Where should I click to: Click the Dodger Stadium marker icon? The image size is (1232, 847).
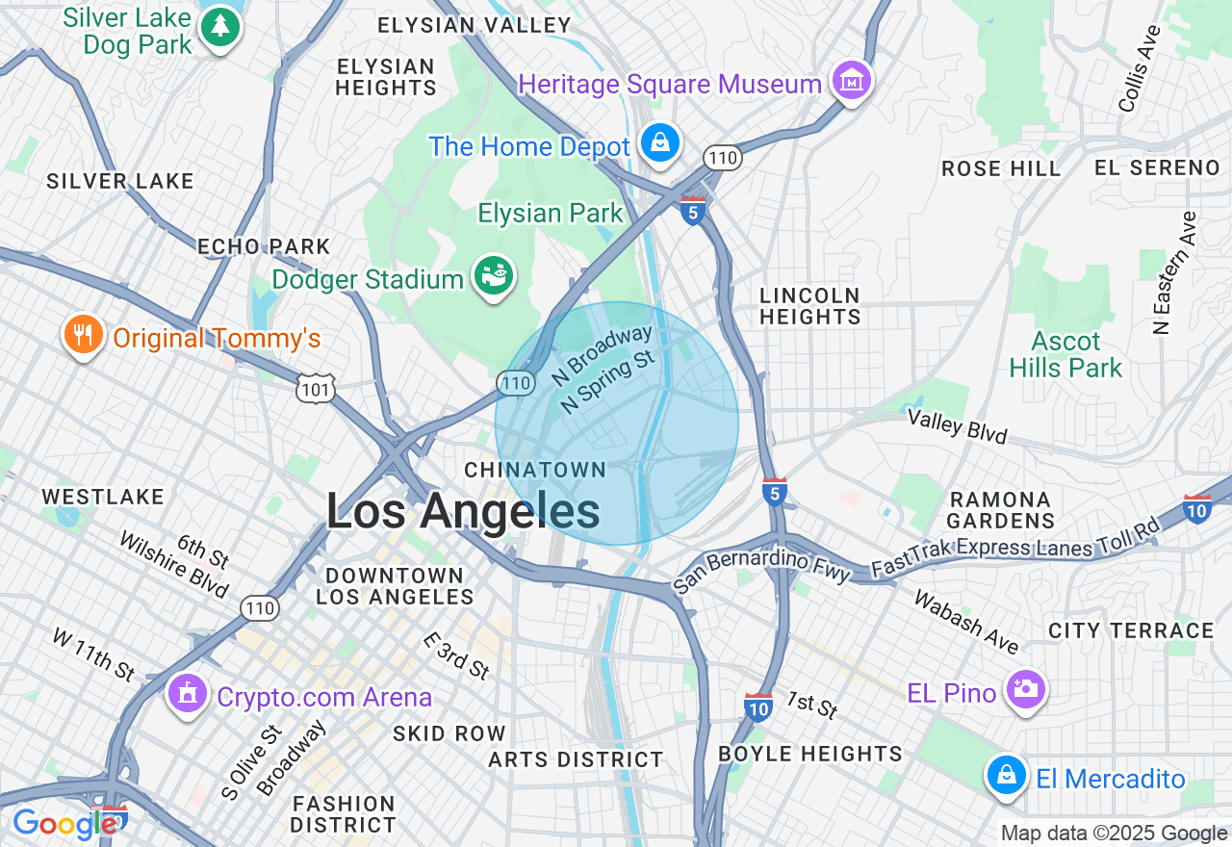click(494, 277)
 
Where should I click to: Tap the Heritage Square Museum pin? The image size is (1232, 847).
click(851, 83)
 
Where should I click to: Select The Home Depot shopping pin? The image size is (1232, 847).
click(660, 144)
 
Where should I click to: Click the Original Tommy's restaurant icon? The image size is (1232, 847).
click(83, 336)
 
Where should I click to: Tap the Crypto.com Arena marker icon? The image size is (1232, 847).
click(188, 693)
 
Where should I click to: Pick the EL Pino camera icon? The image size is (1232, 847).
click(1025, 689)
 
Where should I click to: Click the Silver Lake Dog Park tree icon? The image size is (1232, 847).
click(220, 28)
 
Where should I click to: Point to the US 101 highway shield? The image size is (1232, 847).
click(316, 389)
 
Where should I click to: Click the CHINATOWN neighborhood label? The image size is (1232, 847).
click(535, 470)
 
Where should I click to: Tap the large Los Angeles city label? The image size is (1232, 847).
click(463, 510)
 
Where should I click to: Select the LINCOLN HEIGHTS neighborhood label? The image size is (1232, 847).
click(809, 306)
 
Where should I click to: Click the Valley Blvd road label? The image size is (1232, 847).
click(958, 426)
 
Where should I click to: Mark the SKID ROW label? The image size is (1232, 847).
click(449, 733)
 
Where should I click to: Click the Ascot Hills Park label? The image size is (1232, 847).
click(1065, 354)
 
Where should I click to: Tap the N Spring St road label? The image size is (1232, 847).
click(607, 382)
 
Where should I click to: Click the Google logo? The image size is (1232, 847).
click(65, 824)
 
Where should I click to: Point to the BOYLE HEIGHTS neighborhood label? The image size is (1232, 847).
click(810, 754)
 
